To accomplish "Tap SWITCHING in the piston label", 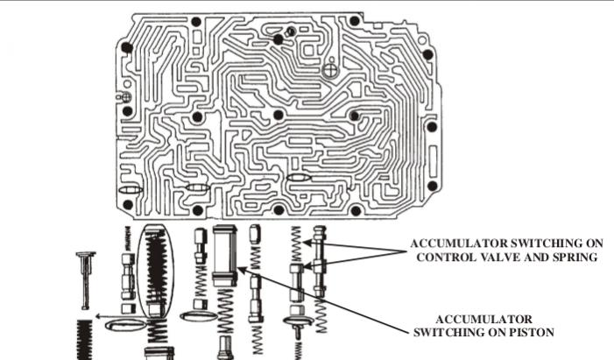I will [451, 331].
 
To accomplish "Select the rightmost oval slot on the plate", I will [298, 178].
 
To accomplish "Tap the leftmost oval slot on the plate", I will [129, 190].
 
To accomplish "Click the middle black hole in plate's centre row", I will [279, 115].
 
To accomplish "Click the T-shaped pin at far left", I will [85, 276].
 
